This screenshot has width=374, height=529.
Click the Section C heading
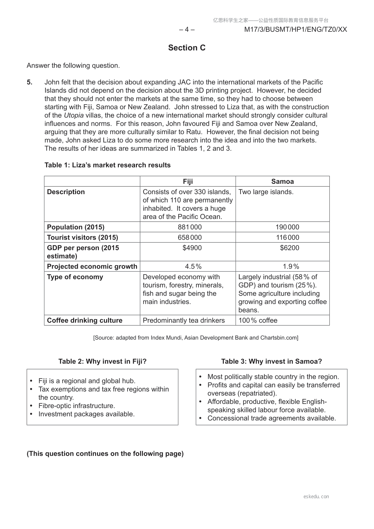[x=187, y=48]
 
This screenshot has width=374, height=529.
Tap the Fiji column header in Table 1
[x=188, y=182]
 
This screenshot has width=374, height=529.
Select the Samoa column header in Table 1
[x=283, y=182]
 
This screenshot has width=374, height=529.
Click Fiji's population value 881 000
[x=190, y=227]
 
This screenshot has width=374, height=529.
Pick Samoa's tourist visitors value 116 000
[x=288, y=237]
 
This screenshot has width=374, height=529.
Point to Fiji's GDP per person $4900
[x=192, y=248]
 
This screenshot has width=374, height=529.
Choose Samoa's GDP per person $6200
[x=290, y=248]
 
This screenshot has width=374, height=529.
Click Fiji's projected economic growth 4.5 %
[x=193, y=267]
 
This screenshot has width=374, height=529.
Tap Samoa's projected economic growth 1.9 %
[x=291, y=267]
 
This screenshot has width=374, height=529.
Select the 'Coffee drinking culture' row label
[x=85, y=320]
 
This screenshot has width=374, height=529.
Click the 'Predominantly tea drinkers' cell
[x=184, y=320]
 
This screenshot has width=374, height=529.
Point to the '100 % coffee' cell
[x=258, y=320]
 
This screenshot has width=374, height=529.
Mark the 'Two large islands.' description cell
[x=266, y=192]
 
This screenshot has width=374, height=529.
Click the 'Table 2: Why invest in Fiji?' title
[x=102, y=361]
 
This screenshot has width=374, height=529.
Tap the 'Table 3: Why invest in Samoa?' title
[x=272, y=361]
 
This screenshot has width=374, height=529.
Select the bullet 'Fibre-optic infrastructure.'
[x=77, y=406]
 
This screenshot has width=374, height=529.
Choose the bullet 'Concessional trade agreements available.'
[x=272, y=418]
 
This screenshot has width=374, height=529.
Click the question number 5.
[x=30, y=82]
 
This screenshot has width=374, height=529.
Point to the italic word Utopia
[x=74, y=115]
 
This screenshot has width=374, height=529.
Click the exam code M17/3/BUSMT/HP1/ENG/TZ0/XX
[x=295, y=30]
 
